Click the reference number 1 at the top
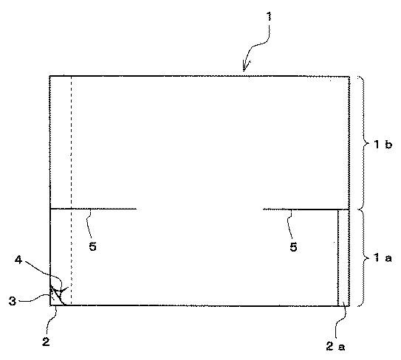click(269, 17)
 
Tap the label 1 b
click(383, 145)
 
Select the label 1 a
click(383, 257)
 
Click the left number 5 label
click(92, 246)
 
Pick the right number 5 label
click(293, 246)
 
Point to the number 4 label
click(18, 260)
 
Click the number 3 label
click(13, 301)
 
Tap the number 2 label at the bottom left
click(46, 342)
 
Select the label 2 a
click(335, 346)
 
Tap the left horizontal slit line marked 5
click(93, 209)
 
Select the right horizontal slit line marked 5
click(306, 210)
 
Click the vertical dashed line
click(72, 190)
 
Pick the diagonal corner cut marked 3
click(58, 295)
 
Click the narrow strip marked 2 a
click(343, 257)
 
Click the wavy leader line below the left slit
click(89, 224)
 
